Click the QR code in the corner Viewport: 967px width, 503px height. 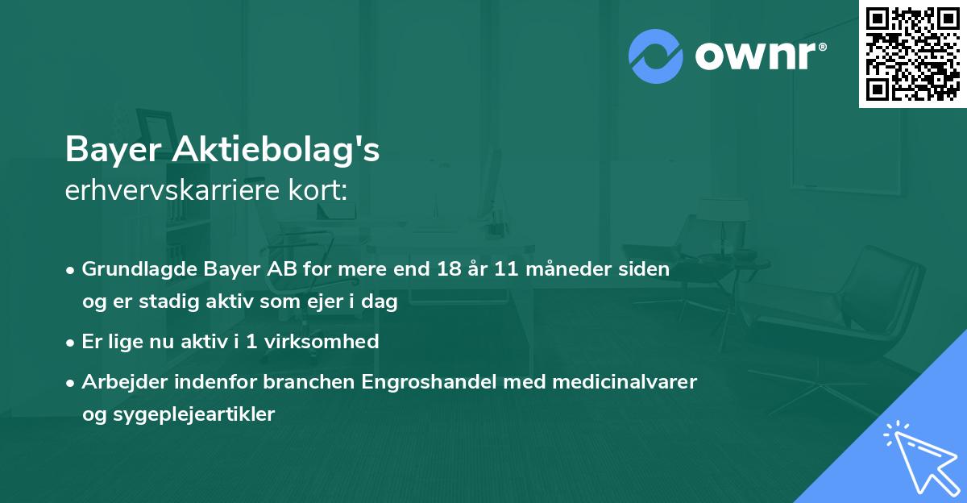click(x=913, y=53)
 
